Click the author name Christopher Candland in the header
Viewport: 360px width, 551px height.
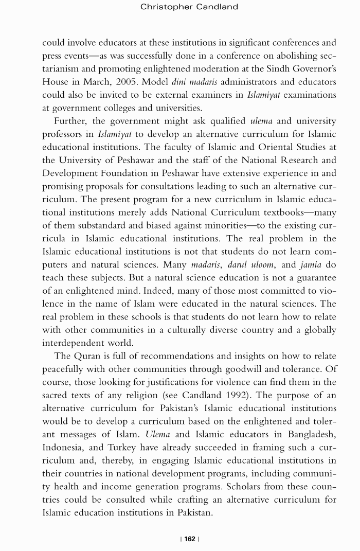189,7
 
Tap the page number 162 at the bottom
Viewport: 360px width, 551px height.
190,539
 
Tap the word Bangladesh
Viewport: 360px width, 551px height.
305,435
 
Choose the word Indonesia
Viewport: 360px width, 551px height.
64,448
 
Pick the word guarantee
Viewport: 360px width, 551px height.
311,278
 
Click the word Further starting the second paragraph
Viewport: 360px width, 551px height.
72,121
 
